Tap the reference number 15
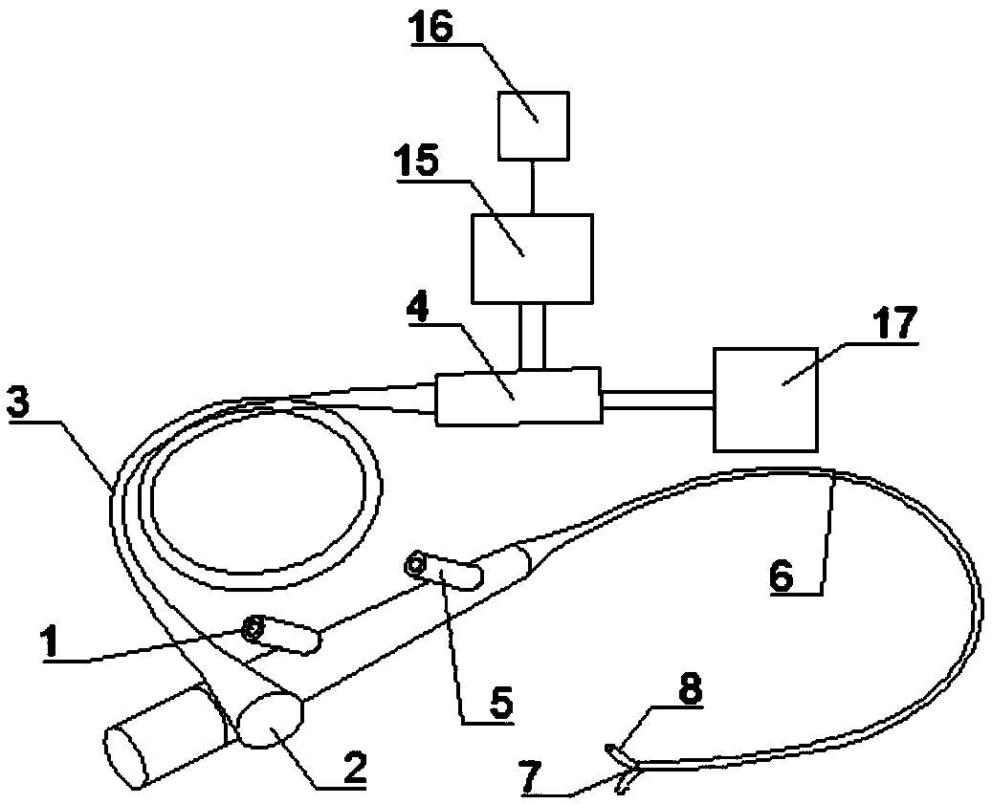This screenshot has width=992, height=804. tap(417, 161)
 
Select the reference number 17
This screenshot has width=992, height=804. tap(894, 323)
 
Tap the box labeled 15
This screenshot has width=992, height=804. tap(532, 257)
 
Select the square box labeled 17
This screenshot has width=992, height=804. tap(765, 399)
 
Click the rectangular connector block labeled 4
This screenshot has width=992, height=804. tap(518, 396)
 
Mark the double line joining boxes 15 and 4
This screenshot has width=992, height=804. tap(532, 336)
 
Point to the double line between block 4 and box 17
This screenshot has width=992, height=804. tap(658, 399)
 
